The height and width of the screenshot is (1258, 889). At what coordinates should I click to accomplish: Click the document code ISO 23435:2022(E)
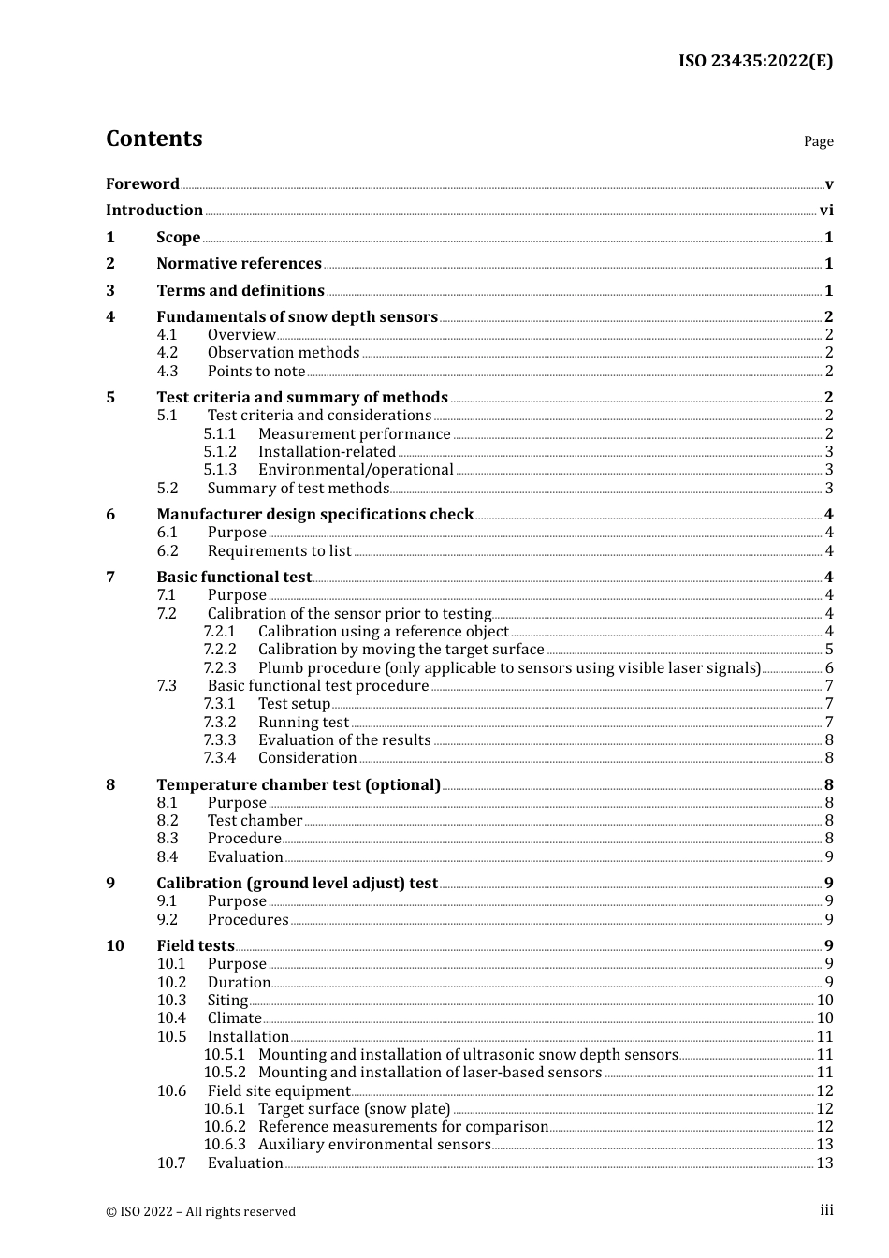[x=754, y=61]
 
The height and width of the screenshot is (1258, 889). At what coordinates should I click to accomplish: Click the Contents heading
[x=153, y=139]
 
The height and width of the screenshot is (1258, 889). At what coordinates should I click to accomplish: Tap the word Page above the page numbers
[x=818, y=141]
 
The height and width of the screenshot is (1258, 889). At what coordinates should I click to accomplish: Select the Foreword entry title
[x=142, y=183]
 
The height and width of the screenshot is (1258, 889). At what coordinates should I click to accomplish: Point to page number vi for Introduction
[x=825, y=211]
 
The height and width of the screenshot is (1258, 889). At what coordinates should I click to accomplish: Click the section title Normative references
[x=239, y=264]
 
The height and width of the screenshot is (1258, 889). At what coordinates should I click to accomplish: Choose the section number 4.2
[x=168, y=353]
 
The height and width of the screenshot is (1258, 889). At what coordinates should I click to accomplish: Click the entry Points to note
[x=255, y=372]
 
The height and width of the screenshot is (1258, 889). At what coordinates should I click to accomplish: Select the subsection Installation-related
[x=327, y=452]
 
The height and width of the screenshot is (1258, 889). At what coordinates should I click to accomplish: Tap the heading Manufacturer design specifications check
[x=314, y=515]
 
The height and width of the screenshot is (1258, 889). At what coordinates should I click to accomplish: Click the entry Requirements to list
[x=279, y=551]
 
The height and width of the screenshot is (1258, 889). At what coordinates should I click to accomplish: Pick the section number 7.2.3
[x=220, y=668]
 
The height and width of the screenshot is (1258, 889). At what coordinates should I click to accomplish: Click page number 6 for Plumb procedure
[x=828, y=668]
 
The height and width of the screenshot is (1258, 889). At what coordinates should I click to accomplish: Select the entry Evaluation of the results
[x=344, y=740]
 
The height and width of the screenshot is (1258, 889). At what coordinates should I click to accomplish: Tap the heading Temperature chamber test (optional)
[x=298, y=785]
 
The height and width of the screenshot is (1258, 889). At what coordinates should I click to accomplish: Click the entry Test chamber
[x=255, y=821]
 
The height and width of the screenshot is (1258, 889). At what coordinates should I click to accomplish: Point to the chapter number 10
[x=115, y=946]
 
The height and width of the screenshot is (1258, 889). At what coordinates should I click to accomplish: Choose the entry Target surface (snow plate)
[x=354, y=1109]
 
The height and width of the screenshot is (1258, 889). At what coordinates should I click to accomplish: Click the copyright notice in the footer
[x=200, y=1211]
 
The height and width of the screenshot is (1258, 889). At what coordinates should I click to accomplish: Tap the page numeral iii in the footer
[x=826, y=1210]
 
